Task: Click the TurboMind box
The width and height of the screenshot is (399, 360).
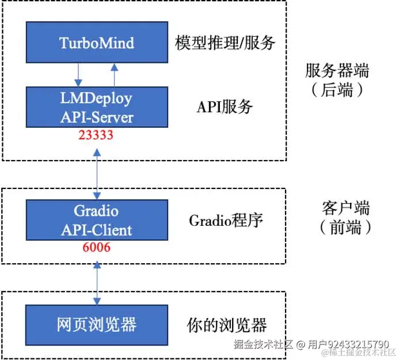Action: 97,42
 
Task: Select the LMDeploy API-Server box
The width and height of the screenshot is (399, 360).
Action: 97,107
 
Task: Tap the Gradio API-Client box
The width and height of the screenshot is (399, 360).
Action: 97,220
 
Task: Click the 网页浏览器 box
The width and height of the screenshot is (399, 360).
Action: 97,325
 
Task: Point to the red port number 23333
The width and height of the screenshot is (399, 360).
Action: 96,135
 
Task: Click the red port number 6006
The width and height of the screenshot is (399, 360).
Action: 97,247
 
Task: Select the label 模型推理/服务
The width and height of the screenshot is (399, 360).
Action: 225,43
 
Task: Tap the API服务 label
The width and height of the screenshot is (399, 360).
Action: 225,107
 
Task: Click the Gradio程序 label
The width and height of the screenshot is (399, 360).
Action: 226,221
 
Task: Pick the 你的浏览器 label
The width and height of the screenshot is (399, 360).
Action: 227,325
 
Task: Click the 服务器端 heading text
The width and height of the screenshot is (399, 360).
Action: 337,70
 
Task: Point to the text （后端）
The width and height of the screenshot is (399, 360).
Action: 337,90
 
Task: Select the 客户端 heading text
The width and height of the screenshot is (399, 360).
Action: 345,208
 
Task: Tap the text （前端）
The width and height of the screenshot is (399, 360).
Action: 345,227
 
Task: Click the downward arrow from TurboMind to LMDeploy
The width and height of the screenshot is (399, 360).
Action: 78,75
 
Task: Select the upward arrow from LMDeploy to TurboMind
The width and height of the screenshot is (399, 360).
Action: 114,75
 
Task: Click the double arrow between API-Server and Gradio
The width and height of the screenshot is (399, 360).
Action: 97,174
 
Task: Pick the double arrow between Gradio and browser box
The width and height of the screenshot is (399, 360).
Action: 97,283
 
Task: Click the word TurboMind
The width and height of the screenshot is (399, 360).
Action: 97,43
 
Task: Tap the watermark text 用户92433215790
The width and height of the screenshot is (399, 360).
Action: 348,344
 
